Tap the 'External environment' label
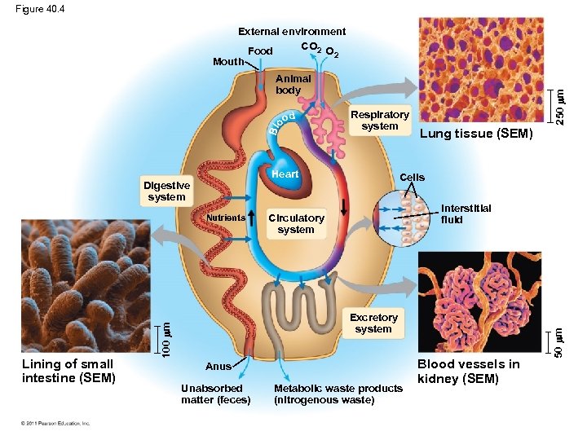(x=291, y=32)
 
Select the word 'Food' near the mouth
(x=260, y=51)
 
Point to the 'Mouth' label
(x=227, y=62)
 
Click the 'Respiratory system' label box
(x=379, y=120)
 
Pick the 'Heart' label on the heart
(x=285, y=174)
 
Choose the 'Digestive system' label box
(x=166, y=191)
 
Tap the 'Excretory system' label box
(x=373, y=323)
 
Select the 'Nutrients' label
(x=225, y=218)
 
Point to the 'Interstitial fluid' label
(x=466, y=213)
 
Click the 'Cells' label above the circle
(x=412, y=177)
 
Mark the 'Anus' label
(x=218, y=367)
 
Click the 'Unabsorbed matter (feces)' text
(x=215, y=394)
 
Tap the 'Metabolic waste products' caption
(x=338, y=389)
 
